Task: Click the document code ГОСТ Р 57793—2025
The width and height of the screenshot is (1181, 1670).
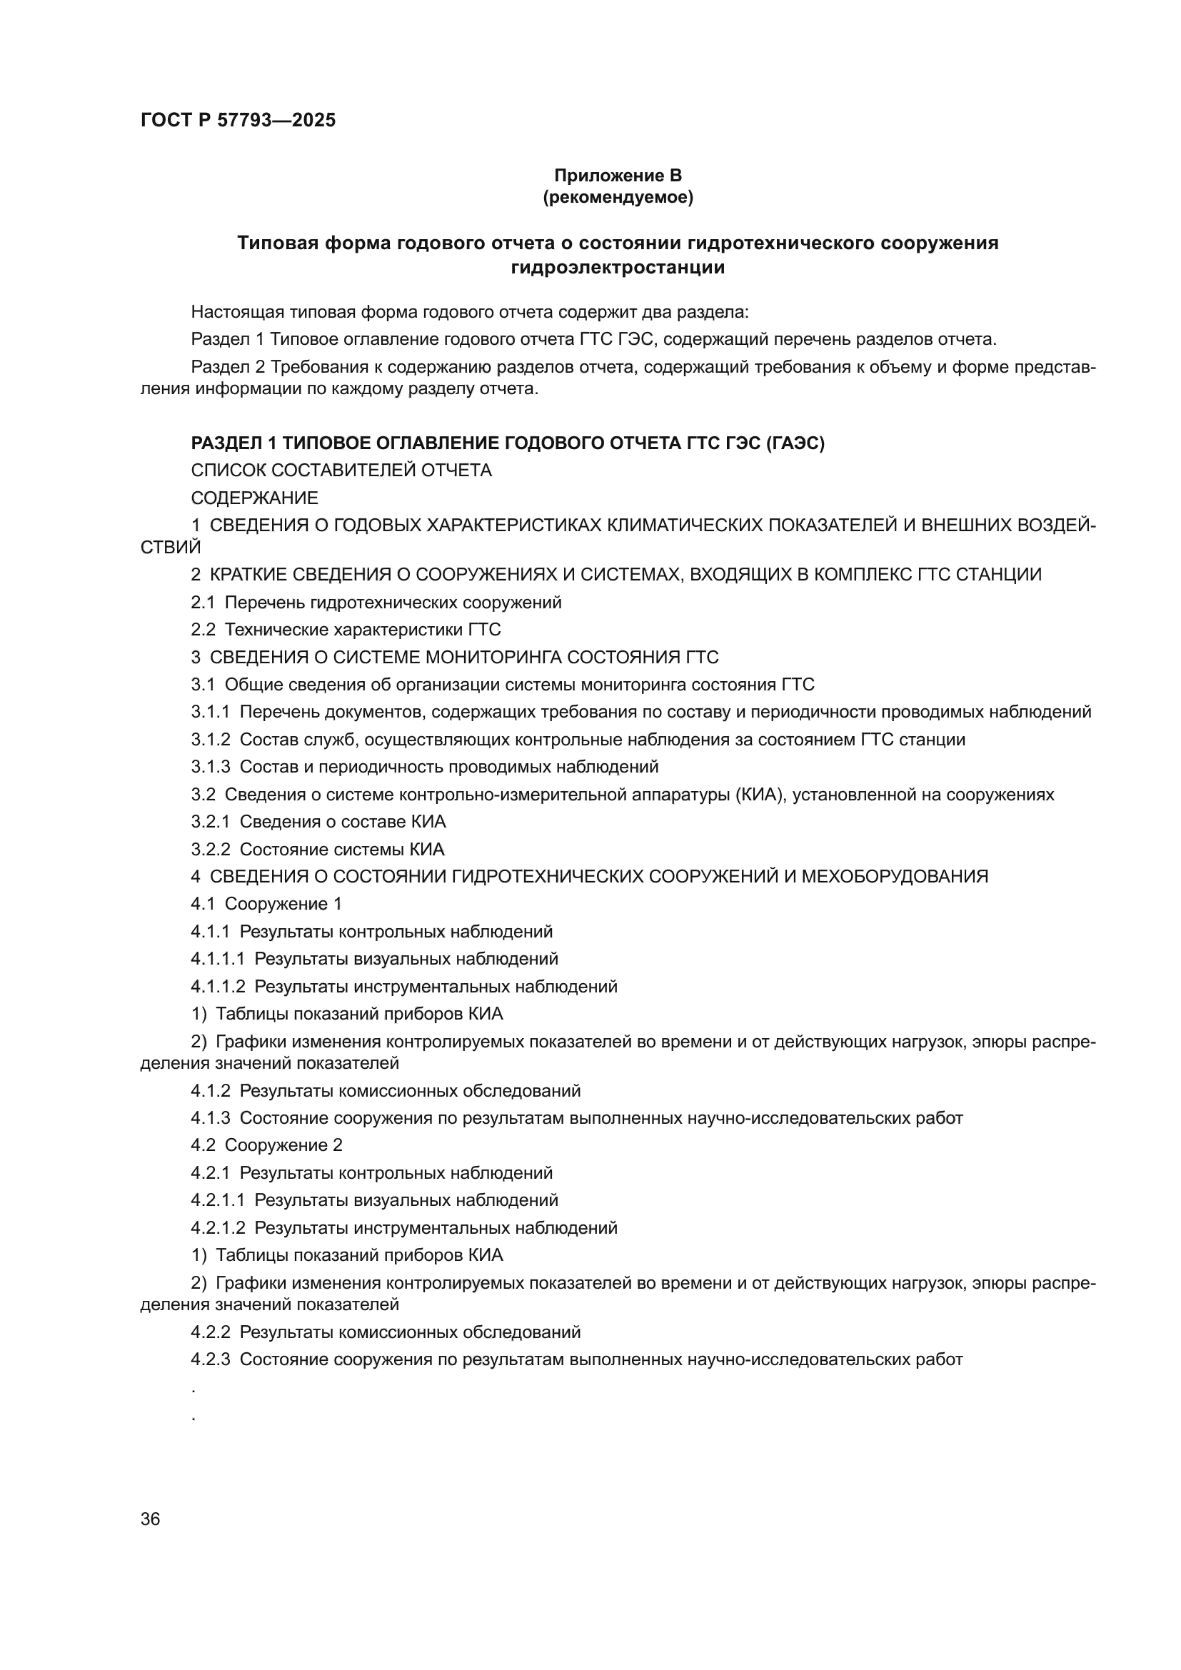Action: pos(238,120)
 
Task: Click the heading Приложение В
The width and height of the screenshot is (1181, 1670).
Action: pos(618,176)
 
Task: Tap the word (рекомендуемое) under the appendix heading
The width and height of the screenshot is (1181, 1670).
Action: pos(618,197)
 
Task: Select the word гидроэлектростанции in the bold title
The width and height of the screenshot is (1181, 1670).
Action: pos(618,268)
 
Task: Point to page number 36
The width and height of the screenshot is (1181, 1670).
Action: pos(151,1519)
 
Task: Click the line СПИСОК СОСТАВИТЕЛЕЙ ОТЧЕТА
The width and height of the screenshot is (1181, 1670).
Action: pos(341,471)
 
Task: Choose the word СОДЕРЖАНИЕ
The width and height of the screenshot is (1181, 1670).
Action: pos(254,498)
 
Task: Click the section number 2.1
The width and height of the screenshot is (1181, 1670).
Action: pos(203,603)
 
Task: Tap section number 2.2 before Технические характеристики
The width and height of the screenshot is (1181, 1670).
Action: pos(203,630)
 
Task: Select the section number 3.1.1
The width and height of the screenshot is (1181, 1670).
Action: pos(210,712)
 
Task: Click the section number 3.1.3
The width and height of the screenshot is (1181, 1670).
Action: pos(210,767)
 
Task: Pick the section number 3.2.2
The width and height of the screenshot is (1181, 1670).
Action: pos(210,850)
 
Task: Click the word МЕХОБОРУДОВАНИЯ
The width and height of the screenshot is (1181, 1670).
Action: pos(895,877)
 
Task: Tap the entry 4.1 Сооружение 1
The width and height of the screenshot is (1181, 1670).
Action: pos(266,904)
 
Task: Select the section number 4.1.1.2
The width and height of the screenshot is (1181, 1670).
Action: pos(218,987)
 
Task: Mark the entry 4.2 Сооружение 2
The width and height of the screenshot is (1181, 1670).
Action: pos(266,1145)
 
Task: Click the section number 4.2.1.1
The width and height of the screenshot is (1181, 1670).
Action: pos(218,1200)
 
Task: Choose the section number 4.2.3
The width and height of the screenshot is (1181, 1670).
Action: pos(210,1359)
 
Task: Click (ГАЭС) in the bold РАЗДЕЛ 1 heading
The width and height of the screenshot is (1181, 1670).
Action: pos(795,443)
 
